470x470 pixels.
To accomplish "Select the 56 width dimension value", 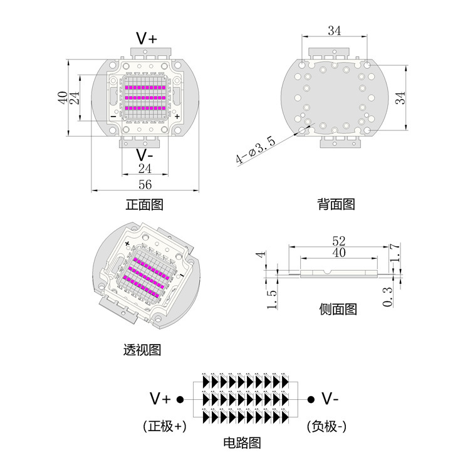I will (x=145, y=184).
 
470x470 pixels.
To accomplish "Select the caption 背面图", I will (x=336, y=204).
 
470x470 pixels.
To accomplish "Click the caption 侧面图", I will (x=338, y=309).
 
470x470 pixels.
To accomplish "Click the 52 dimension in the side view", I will (x=339, y=241).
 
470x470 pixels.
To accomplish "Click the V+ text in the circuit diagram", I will (x=160, y=399).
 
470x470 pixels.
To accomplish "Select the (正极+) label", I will (x=165, y=427).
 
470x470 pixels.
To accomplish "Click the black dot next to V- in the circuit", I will (x=310, y=399).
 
